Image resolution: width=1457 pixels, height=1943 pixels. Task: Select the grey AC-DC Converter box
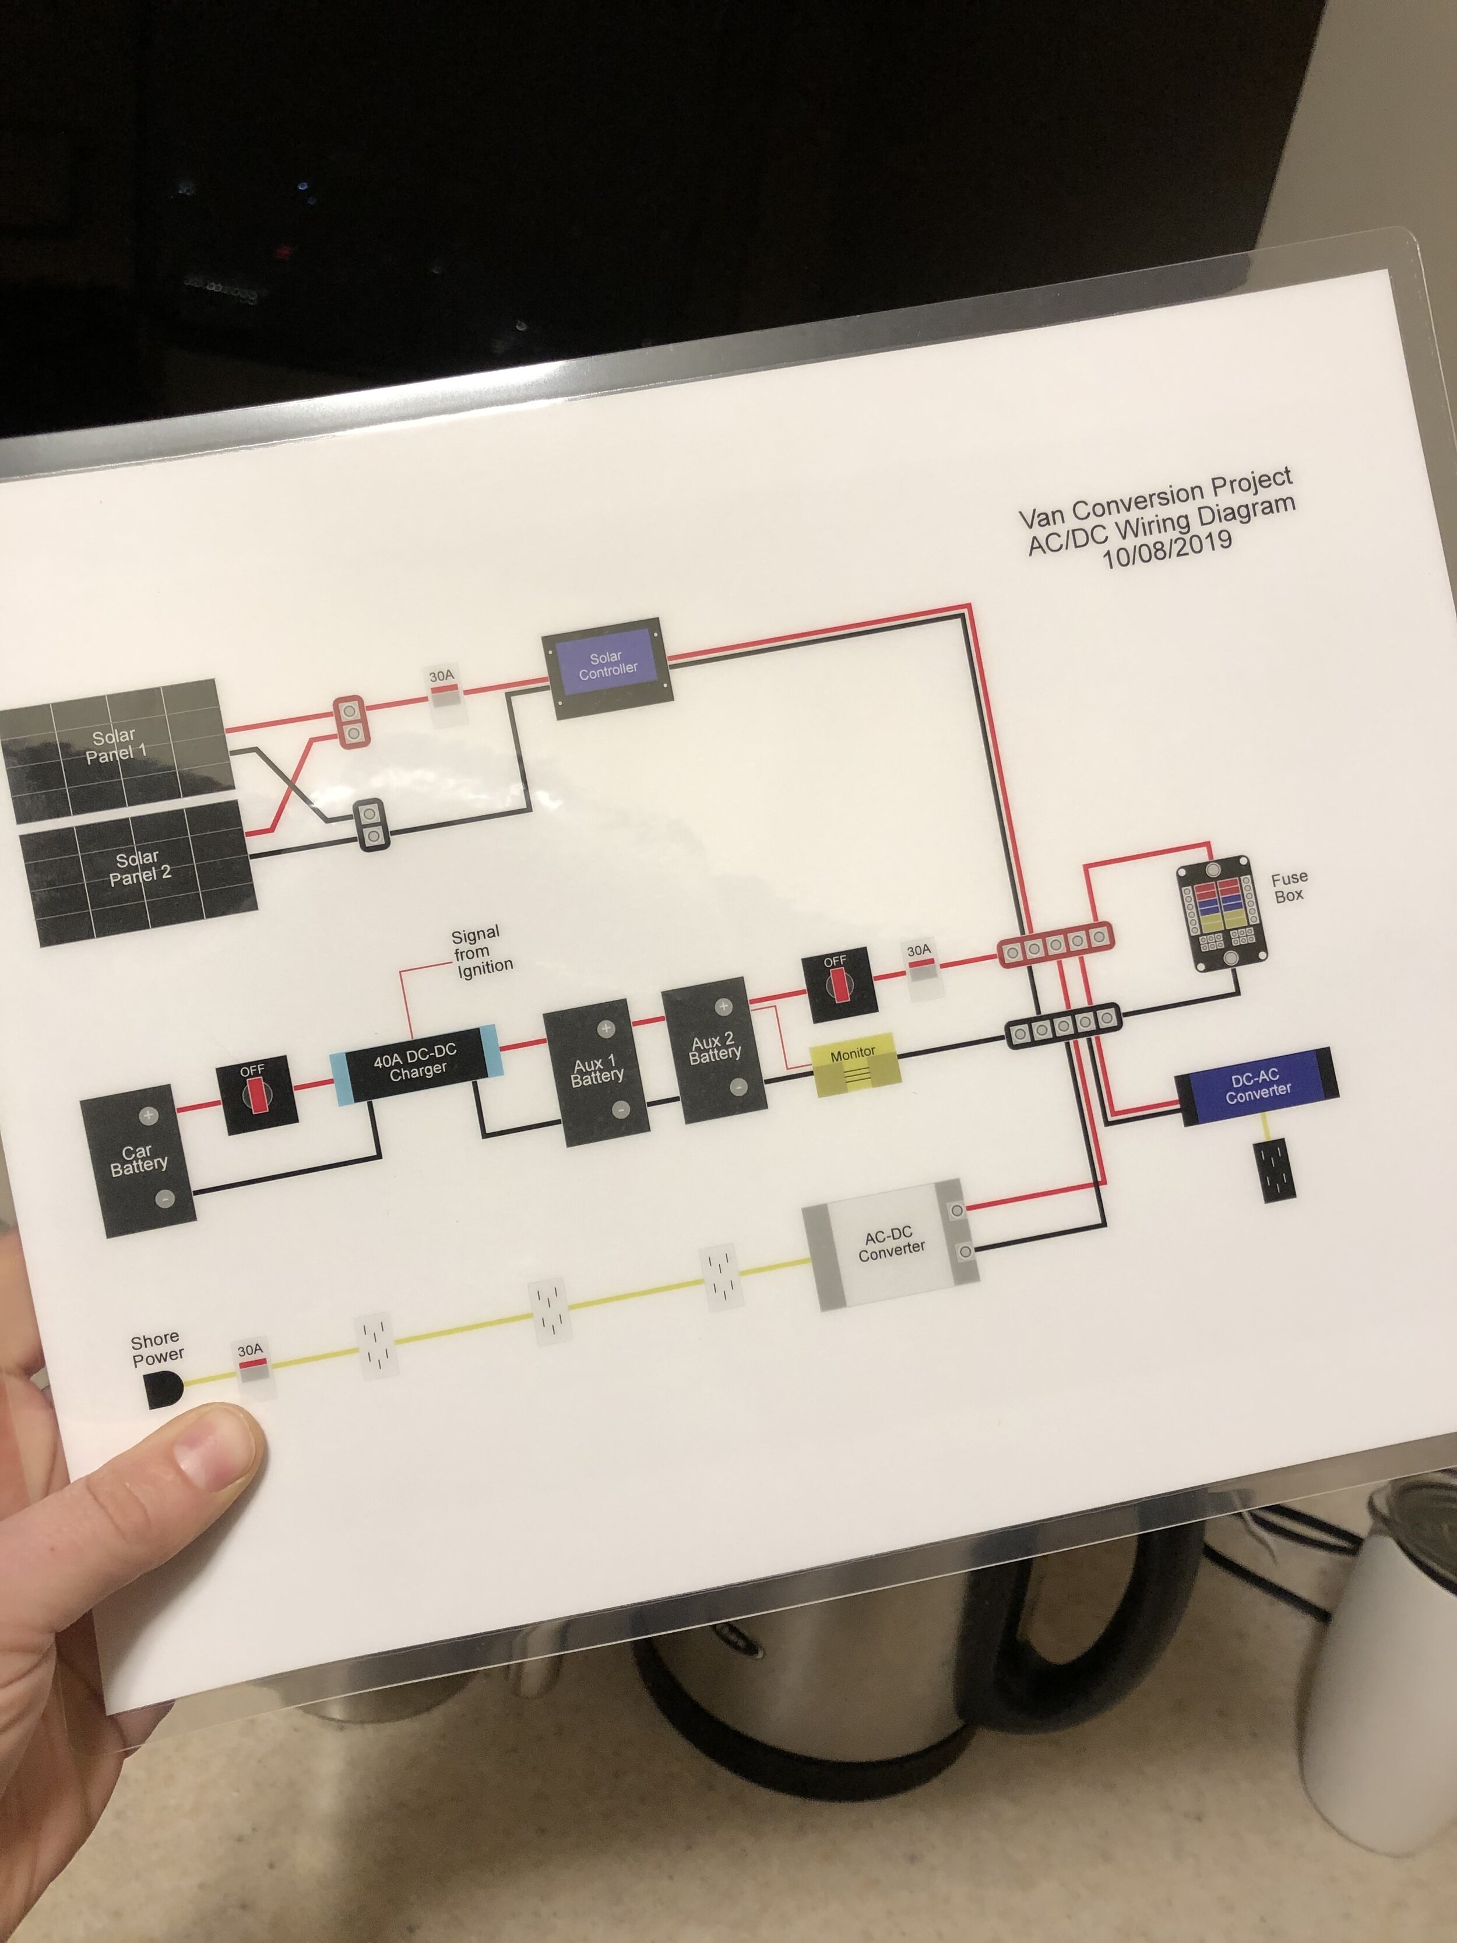(x=892, y=1245)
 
